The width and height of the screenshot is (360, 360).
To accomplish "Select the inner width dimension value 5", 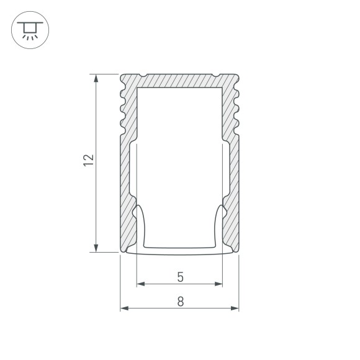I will (x=179, y=276).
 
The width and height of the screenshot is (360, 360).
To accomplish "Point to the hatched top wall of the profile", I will (x=179, y=81).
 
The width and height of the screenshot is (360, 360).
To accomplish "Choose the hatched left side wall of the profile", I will (x=127, y=168).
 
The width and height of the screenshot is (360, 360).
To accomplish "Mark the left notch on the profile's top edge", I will (x=143, y=77).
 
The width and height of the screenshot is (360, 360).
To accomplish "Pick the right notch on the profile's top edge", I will (x=215, y=77).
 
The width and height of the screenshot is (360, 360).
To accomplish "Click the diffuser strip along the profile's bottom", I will (x=179, y=253).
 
